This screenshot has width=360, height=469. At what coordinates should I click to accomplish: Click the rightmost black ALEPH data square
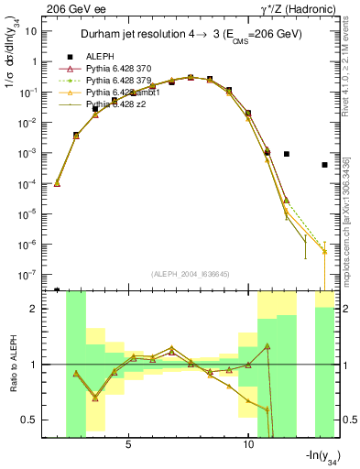(x=324, y=165)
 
